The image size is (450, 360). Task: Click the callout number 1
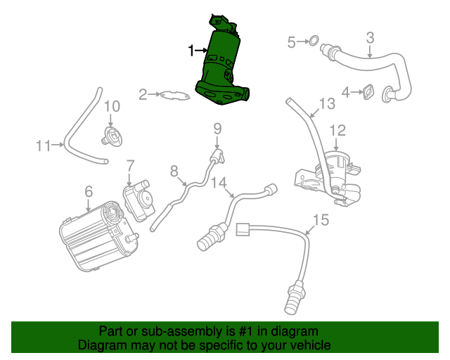191,50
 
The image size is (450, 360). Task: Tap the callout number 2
142,94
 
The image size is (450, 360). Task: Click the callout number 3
370,37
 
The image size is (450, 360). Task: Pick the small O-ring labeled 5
314,43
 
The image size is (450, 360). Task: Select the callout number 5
292,43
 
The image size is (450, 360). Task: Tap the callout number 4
346,91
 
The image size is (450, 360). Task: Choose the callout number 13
327,105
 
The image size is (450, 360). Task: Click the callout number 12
337,130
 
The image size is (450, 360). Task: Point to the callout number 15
320,221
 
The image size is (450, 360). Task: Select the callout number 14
219,183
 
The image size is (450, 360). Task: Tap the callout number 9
217,129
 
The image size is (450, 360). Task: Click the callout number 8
174,169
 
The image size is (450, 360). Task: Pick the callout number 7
130,166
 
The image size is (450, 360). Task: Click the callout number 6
89,191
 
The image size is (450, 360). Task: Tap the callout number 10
112,106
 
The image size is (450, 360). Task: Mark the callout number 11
44,146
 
